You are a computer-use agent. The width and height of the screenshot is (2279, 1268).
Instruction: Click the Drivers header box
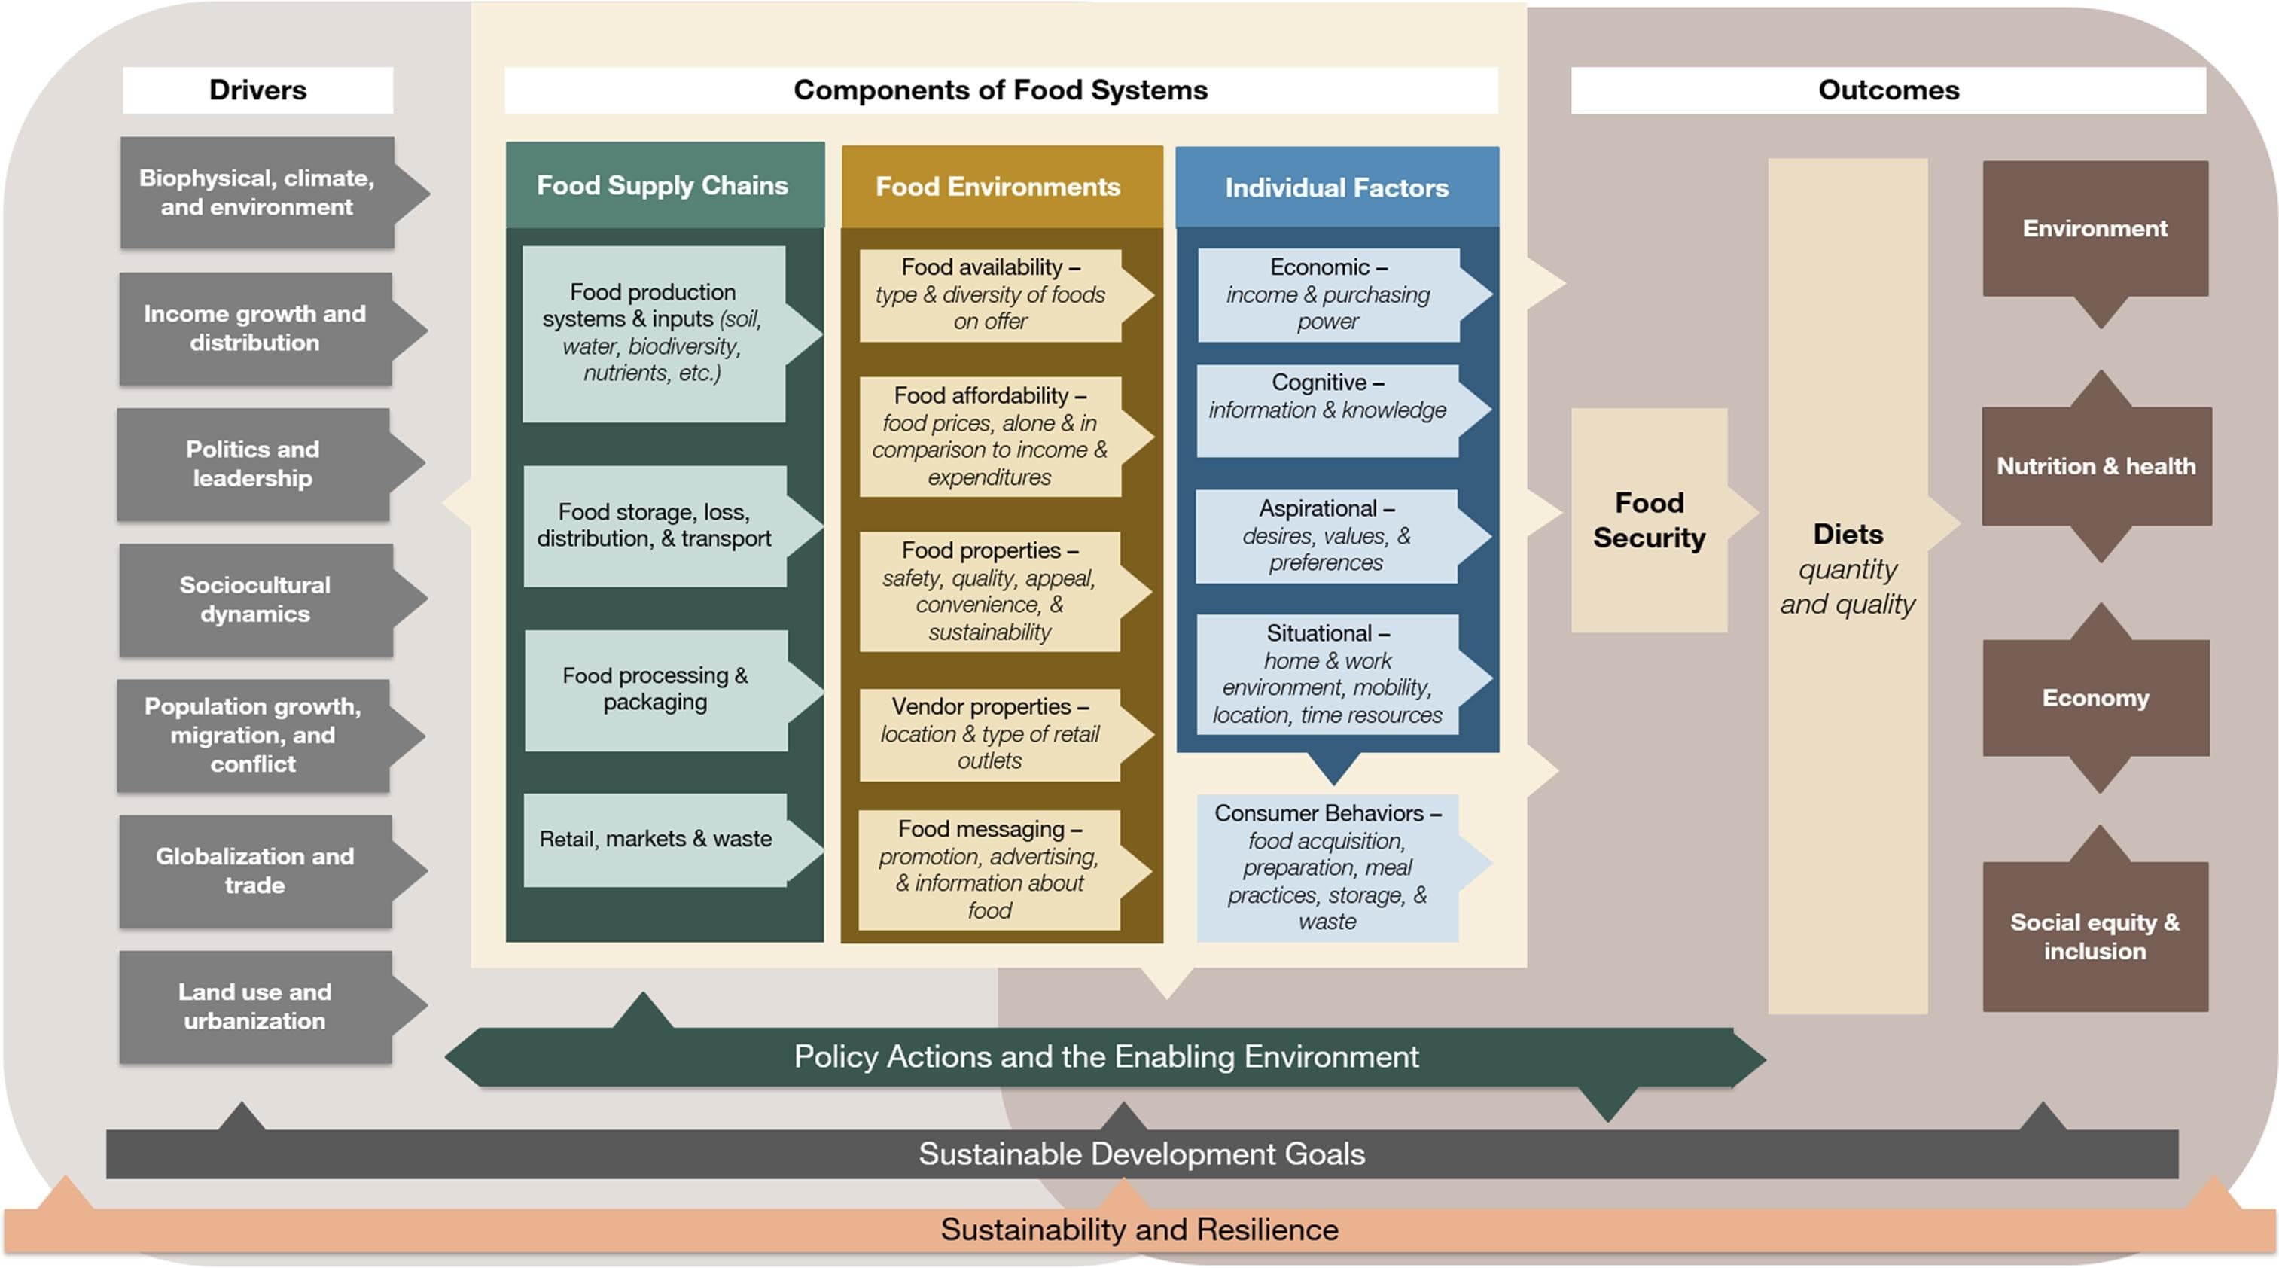click(257, 90)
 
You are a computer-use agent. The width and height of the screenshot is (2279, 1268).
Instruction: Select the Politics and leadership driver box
click(253, 464)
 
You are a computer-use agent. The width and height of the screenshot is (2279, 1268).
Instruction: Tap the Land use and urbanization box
click(254, 1006)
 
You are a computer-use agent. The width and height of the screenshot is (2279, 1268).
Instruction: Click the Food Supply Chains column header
click(663, 186)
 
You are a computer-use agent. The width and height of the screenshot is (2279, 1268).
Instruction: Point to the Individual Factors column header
click(1336, 187)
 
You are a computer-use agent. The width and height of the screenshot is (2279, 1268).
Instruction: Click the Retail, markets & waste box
click(656, 839)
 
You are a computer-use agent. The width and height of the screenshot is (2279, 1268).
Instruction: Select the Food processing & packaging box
click(656, 689)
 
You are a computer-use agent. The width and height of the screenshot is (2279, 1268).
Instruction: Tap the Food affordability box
click(990, 436)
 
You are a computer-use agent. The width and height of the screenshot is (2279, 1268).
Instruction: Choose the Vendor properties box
click(990, 733)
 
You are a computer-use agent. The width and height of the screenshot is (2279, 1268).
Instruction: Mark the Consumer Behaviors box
click(1327, 867)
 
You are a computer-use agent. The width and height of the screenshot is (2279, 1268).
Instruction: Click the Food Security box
click(1649, 520)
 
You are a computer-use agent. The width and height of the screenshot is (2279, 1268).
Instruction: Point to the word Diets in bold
click(1848, 535)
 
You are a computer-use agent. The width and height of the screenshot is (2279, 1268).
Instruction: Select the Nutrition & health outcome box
click(2095, 466)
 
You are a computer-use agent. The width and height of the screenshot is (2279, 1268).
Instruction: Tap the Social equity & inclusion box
click(2094, 936)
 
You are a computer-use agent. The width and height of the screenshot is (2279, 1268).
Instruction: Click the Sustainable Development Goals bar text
click(1141, 1154)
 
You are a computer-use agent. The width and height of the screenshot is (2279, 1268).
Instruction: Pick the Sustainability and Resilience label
click(1140, 1230)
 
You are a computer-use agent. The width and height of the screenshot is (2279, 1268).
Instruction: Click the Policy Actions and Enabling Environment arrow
click(1106, 1056)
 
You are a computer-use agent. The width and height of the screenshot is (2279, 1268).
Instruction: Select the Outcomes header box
click(1888, 90)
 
